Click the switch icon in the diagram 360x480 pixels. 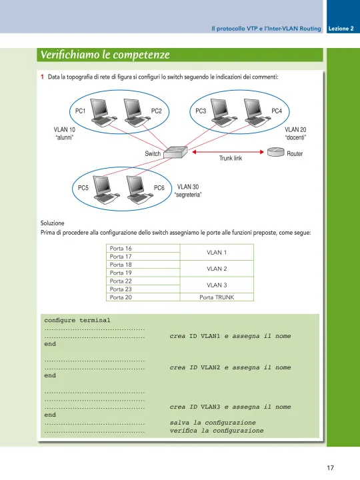[175, 152]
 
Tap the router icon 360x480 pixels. [276, 152]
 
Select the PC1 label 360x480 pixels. [80, 111]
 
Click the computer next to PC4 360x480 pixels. [254, 113]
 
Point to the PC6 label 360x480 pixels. [159, 187]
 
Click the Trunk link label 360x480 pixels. [231, 158]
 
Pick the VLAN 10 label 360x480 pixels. [64, 129]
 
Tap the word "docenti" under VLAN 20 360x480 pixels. [295, 137]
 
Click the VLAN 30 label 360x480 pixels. [187, 187]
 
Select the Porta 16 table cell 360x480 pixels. [143, 248]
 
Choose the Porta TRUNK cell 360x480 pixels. [217, 297]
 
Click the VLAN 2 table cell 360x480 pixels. [217, 269]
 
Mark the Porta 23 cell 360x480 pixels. [143, 289]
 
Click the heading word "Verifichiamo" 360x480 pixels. [70, 55]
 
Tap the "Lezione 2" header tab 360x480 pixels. [341, 29]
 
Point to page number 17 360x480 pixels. [330, 468]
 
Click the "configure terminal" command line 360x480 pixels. [77, 320]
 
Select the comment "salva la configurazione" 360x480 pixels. [213, 423]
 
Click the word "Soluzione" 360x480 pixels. [53, 223]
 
